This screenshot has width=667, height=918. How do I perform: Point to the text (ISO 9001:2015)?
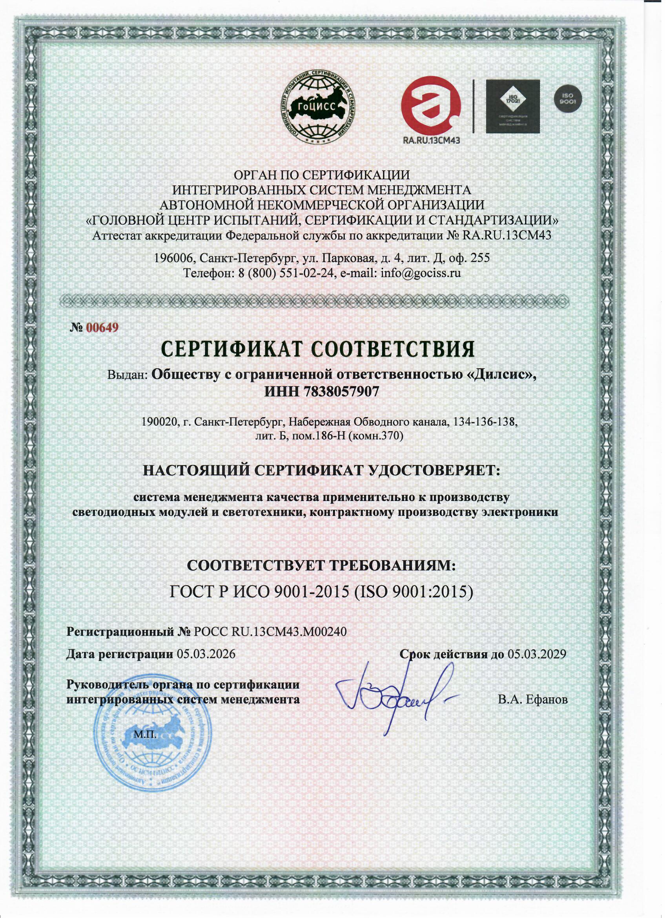tap(414, 591)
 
